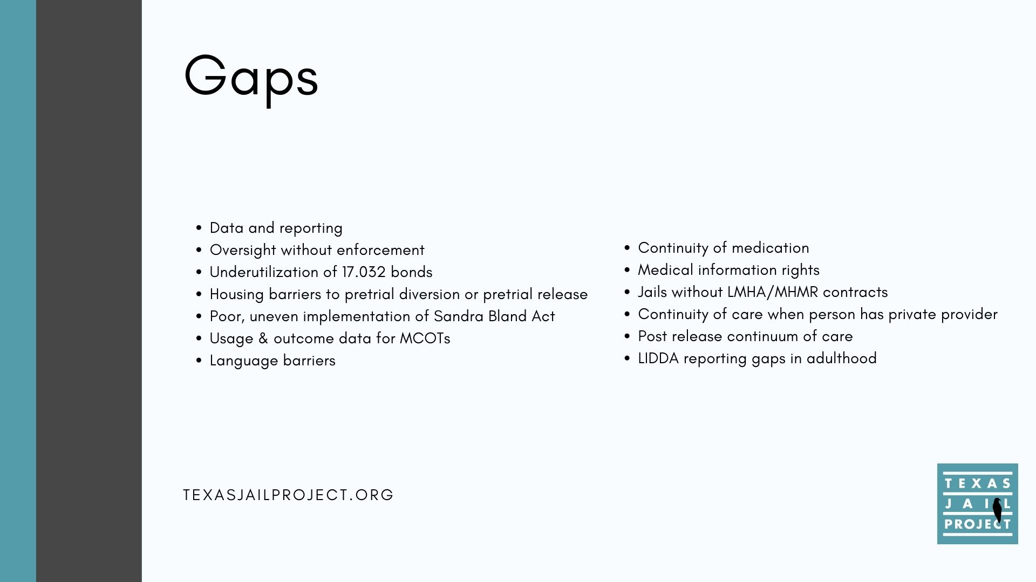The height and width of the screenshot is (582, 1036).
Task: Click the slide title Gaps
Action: (251, 79)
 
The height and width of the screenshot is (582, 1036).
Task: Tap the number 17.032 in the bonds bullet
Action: (364, 272)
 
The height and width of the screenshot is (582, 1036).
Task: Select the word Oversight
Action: (243, 251)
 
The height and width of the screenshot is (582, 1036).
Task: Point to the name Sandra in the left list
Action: (459, 316)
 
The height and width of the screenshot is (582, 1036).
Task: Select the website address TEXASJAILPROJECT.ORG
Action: (289, 495)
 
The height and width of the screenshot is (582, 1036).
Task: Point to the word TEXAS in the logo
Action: (977, 483)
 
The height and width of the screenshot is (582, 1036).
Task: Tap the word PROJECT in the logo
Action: (977, 524)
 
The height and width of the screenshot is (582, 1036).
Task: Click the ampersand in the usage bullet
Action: (263, 338)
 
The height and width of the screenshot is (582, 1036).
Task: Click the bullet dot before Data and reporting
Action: (199, 228)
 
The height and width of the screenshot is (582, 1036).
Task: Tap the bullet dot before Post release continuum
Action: (627, 337)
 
